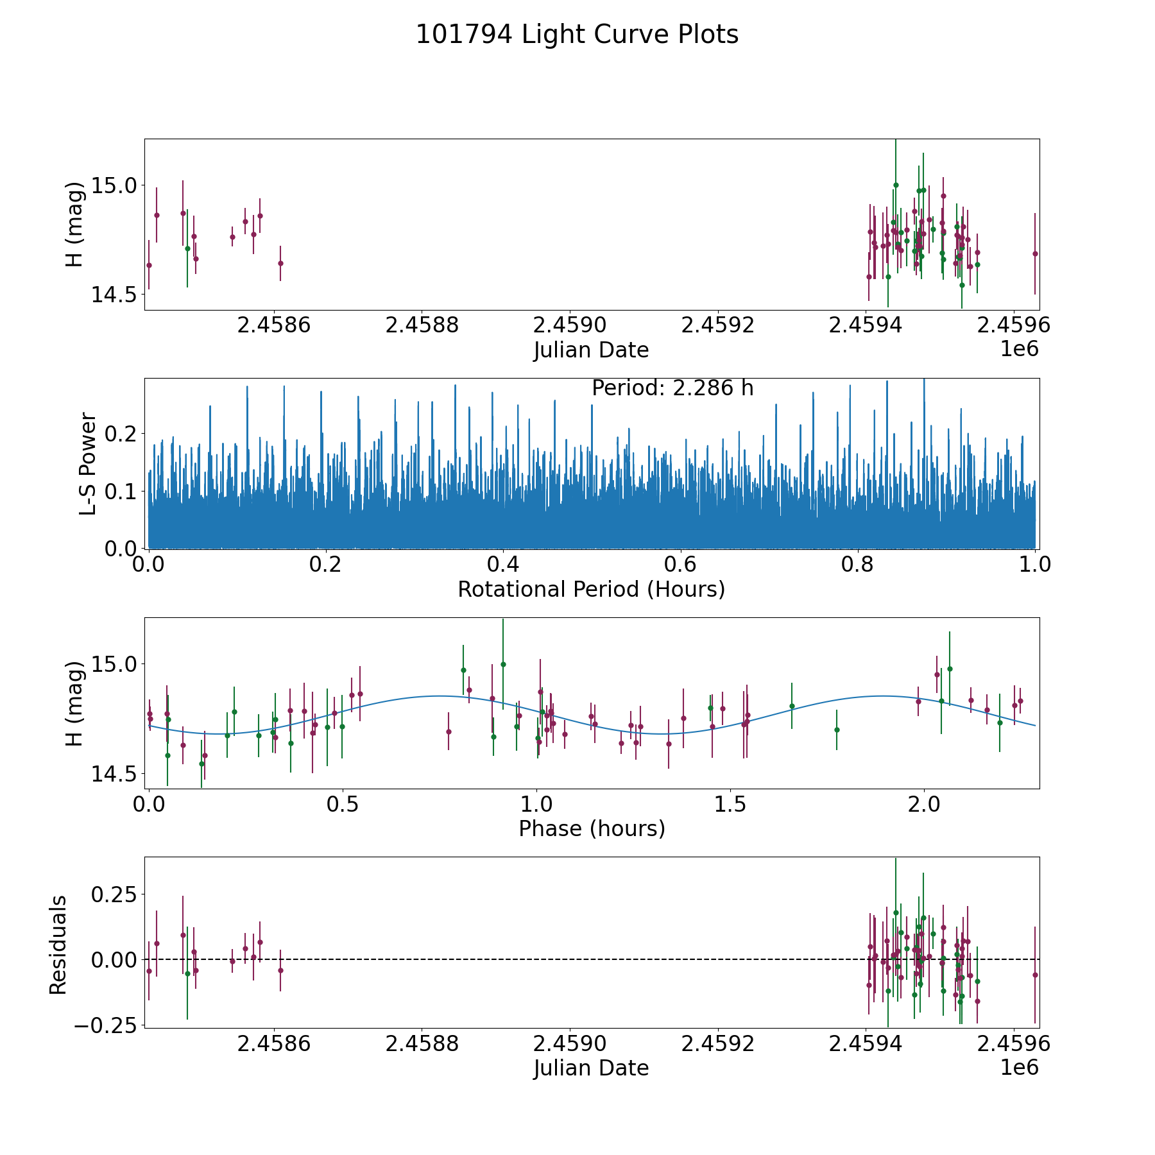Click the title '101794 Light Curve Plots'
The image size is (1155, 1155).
tap(577, 35)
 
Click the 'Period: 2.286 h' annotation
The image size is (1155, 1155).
tap(672, 388)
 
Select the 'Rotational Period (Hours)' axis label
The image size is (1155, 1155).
tap(591, 589)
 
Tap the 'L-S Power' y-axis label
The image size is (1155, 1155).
tap(88, 463)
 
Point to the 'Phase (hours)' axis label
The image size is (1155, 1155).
tap(592, 828)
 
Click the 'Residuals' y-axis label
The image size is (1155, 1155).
tap(58, 945)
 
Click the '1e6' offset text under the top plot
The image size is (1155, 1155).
tap(1020, 349)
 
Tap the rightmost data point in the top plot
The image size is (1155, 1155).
tap(1035, 253)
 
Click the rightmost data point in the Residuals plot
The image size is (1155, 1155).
tap(1035, 975)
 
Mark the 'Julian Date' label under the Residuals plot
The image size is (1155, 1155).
tap(592, 1068)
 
